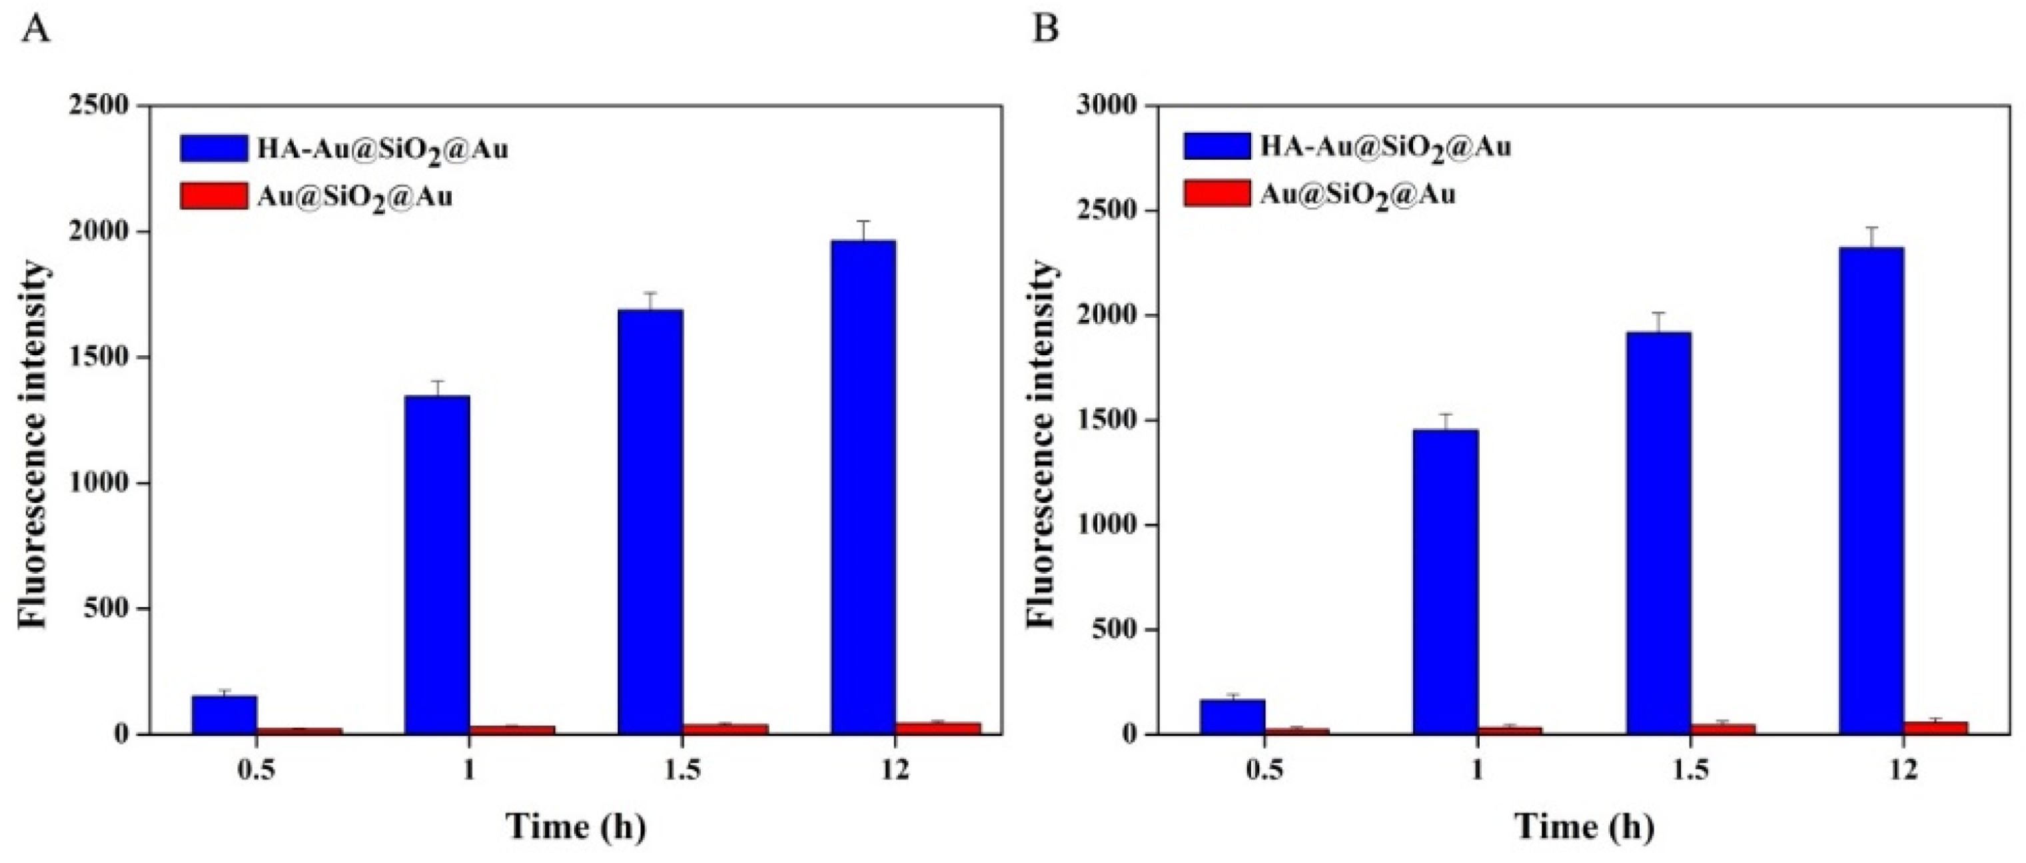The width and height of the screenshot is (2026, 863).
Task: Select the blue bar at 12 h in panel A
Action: [863, 488]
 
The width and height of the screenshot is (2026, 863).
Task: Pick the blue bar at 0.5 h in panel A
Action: [224, 714]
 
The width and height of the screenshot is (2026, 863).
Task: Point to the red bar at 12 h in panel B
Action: [1935, 727]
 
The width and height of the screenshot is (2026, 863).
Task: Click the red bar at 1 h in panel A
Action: [512, 729]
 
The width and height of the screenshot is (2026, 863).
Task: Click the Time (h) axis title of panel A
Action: [576, 826]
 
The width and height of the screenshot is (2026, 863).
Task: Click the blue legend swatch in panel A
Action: [213, 148]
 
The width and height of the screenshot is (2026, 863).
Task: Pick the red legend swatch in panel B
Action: [1217, 193]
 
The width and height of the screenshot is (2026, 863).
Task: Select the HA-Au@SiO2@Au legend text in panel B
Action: [1385, 147]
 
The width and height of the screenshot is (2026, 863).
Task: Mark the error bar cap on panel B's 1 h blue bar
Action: [1446, 414]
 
